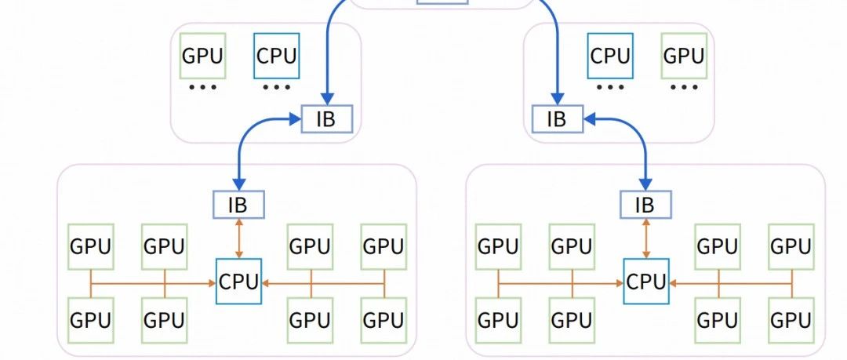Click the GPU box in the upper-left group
202,56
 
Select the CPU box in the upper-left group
276,56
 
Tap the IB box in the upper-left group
327,120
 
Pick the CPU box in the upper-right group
610,56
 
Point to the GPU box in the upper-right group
683,56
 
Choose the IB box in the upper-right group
557,120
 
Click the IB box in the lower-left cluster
239,205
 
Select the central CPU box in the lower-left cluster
238,281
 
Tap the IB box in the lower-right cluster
645,205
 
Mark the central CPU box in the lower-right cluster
645,281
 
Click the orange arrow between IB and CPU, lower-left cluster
239,238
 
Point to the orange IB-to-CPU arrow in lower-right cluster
645,238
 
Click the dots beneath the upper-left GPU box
202,87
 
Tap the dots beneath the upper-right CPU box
610,87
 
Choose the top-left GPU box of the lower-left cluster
91,246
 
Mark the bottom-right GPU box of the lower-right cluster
791,319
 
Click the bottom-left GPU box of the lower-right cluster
498,319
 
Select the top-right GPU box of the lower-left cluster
384,246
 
